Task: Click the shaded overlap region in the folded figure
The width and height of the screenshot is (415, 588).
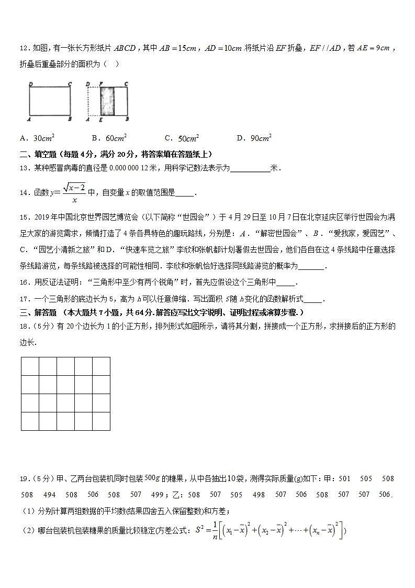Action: [107, 101]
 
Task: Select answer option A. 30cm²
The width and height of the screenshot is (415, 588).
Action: [37, 138]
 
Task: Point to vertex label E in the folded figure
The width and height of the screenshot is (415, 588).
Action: [100, 120]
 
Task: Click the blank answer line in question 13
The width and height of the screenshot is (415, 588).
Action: [250, 169]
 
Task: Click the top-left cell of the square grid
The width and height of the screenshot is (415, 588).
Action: [30, 366]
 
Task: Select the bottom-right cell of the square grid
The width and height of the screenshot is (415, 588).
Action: [101, 421]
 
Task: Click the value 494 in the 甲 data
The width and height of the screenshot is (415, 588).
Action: [49, 495]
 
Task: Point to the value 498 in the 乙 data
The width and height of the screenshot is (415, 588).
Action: [259, 495]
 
